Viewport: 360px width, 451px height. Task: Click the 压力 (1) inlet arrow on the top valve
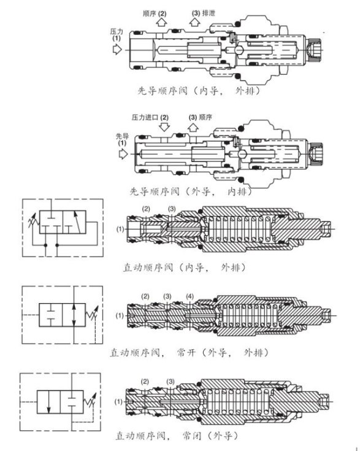(117, 50)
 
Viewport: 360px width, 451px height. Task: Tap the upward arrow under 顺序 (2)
(161, 22)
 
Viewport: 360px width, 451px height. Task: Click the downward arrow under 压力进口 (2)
(164, 126)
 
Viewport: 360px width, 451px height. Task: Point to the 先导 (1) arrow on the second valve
(123, 154)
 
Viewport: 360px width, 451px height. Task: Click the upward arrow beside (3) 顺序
(193, 127)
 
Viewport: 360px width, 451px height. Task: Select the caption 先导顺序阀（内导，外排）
(199, 91)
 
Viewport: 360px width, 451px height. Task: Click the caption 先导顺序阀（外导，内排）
(191, 191)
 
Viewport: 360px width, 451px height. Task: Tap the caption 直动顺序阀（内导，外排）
(185, 268)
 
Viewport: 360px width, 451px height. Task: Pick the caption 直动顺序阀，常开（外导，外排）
(190, 352)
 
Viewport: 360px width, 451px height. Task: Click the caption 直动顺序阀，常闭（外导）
(177, 436)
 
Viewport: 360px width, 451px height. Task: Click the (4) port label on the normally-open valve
(190, 296)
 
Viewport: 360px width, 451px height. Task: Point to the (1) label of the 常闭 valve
(118, 401)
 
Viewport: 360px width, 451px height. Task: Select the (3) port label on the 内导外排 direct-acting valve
(172, 209)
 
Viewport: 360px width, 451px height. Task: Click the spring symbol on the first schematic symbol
(33, 221)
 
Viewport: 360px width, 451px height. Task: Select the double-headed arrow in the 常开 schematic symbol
(74, 315)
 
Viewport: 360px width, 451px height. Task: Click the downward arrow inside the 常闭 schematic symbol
(49, 401)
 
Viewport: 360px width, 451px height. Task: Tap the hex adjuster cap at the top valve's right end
(314, 50)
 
